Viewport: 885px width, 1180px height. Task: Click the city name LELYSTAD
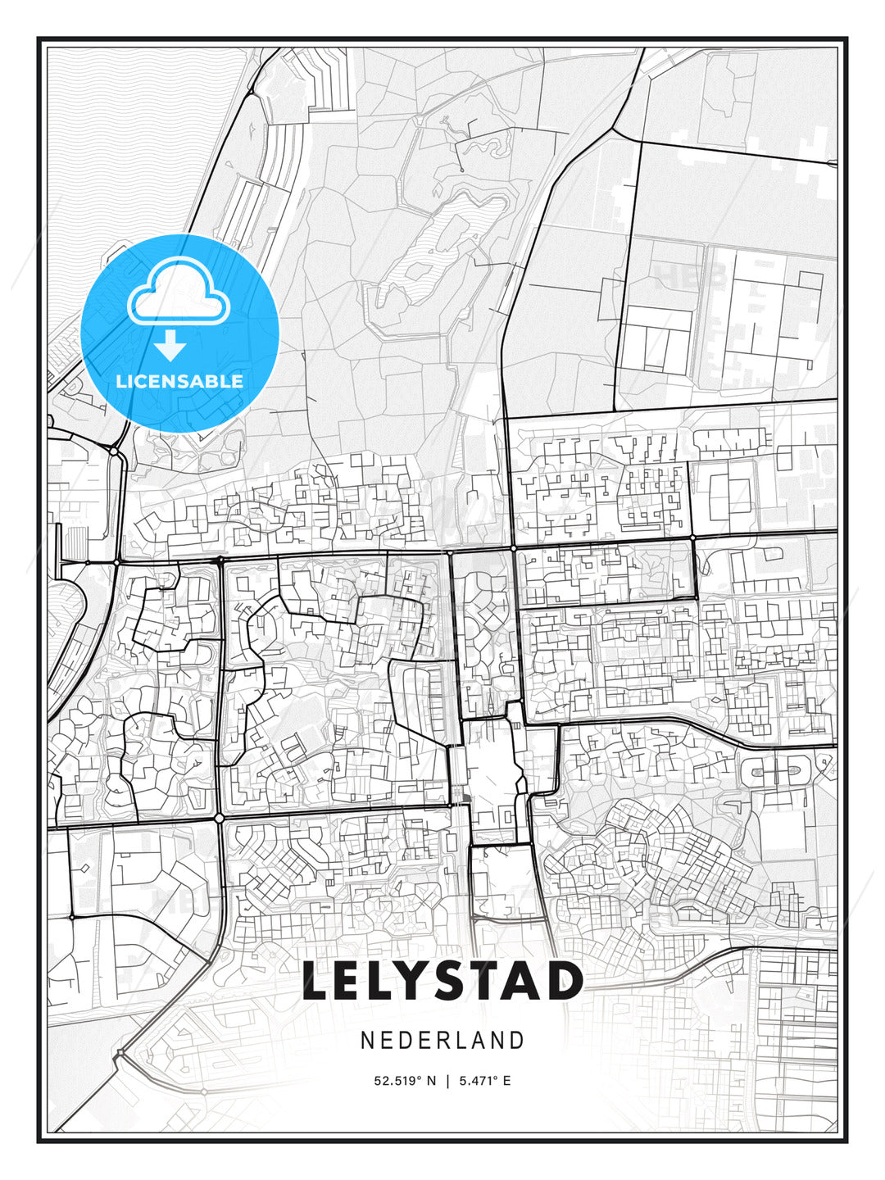(x=442, y=981)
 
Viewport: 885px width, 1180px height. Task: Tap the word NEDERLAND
(x=442, y=1040)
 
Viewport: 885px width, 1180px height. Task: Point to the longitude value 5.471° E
(x=484, y=1081)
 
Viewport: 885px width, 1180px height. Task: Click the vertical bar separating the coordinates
(x=447, y=1081)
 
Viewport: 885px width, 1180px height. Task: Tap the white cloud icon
(x=179, y=291)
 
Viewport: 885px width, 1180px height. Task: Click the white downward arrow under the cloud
(x=170, y=346)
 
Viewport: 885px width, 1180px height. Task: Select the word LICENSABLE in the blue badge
(x=179, y=381)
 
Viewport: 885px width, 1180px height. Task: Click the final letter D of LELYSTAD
(x=565, y=981)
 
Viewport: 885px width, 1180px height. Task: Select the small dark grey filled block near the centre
(x=465, y=798)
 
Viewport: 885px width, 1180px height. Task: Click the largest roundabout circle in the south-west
(x=219, y=818)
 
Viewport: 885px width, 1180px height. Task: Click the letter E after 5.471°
(x=507, y=1081)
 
